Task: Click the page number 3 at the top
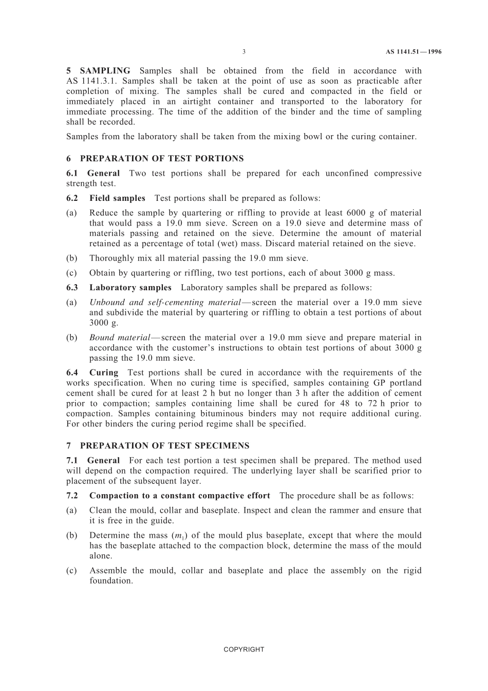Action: click(244, 52)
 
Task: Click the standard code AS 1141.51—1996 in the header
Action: click(414, 52)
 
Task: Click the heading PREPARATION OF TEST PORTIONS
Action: click(162, 159)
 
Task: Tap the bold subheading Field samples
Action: click(117, 198)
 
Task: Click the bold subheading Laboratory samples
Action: click(130, 288)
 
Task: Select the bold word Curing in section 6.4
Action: click(104, 373)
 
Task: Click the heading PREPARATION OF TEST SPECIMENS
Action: click(165, 446)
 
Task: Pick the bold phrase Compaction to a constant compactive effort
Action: click(179, 496)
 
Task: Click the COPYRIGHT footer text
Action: click(244, 649)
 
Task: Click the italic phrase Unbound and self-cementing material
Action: click(165, 303)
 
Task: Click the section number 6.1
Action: click(72, 174)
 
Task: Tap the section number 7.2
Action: click(72, 496)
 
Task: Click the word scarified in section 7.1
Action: click(369, 471)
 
